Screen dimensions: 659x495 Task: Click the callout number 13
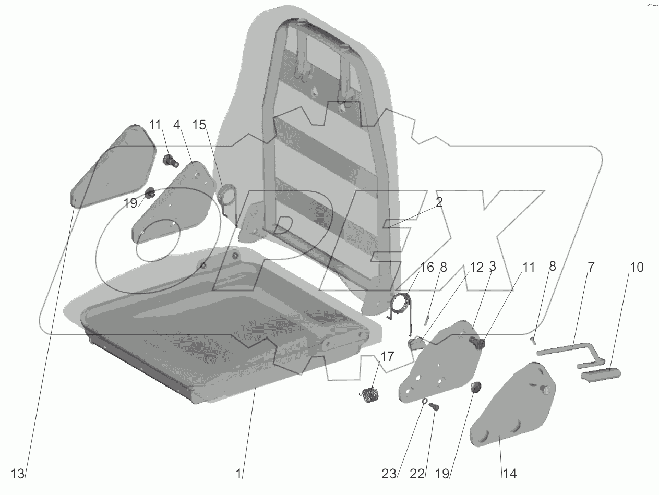click(18, 474)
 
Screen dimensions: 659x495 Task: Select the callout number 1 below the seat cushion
click(238, 474)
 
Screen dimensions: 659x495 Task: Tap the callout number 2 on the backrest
click(439, 202)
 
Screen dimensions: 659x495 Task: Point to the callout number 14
click(509, 474)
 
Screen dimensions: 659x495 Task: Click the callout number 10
click(637, 268)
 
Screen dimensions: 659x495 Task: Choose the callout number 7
click(591, 268)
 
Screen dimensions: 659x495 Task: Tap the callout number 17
click(387, 357)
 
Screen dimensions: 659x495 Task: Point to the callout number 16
click(427, 268)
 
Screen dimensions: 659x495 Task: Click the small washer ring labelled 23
click(425, 402)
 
